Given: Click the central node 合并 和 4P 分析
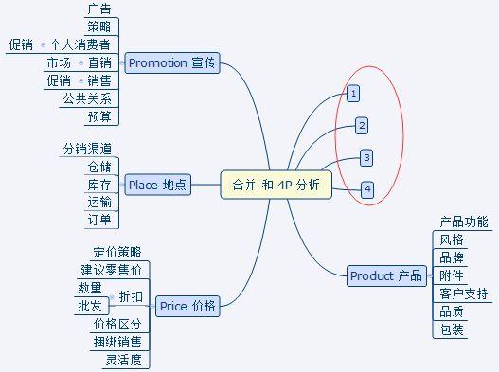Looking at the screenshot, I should click(276, 185).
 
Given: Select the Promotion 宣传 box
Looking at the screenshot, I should click(171, 63).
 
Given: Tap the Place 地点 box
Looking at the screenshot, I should click(157, 185).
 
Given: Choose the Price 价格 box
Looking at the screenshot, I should click(187, 306).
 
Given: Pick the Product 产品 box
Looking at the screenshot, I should click(385, 275).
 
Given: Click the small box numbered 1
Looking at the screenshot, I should click(352, 94).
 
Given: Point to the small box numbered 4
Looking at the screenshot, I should click(367, 189).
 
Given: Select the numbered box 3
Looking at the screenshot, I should click(366, 157).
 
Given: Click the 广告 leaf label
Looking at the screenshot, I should click(98, 9).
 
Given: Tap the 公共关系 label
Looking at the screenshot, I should click(87, 99).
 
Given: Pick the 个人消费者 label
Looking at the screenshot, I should click(86, 44).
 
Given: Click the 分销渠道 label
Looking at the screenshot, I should click(87, 149).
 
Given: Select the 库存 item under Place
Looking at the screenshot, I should click(98, 185).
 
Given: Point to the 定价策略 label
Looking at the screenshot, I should click(116, 252).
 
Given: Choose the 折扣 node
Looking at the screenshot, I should click(131, 297).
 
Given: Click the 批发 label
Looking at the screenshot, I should click(89, 306).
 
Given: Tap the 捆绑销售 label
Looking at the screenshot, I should click(116, 342).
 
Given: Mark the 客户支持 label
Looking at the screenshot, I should click(464, 293).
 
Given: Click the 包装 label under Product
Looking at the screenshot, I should click(452, 329).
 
